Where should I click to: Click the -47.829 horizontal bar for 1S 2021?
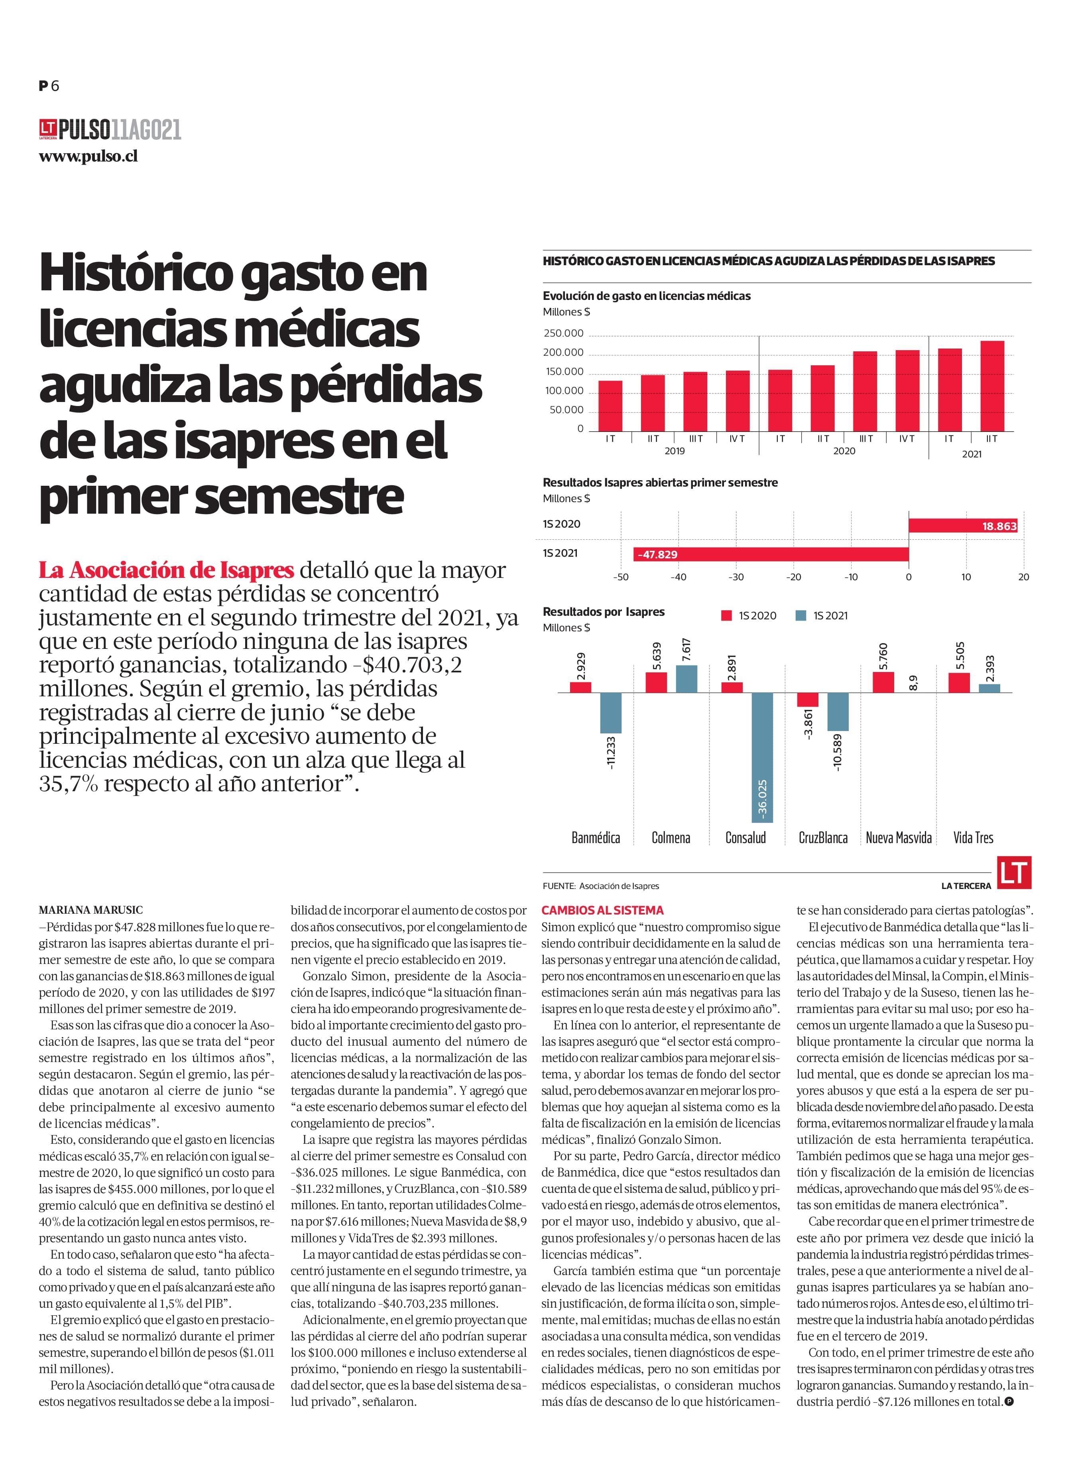770,555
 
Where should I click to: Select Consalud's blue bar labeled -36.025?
762,757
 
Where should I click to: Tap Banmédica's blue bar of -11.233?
611,713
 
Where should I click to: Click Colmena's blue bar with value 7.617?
686,679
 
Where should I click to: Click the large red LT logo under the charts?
1014,873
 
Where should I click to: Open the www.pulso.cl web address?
88,157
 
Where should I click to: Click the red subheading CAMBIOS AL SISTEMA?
602,910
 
